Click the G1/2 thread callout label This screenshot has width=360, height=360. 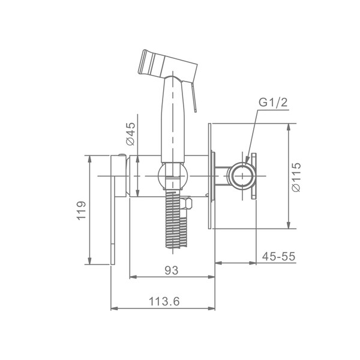click(273, 103)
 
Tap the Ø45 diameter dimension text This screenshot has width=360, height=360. click(130, 134)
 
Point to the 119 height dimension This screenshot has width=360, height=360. click(81, 211)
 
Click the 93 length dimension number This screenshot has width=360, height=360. click(172, 270)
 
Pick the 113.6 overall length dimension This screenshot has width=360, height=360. click(164, 301)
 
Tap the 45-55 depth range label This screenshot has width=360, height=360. click(278, 256)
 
